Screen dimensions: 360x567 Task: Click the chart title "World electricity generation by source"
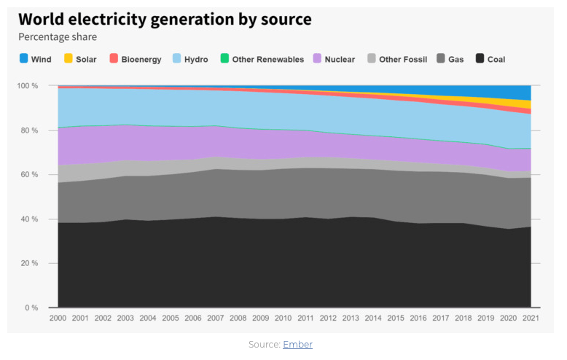pyautogui.click(x=165, y=20)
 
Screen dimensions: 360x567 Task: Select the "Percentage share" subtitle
pyautogui.click(x=58, y=37)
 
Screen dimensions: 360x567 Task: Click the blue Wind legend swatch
pyautogui.click(x=24, y=59)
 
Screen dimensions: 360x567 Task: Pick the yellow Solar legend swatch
pyautogui.click(x=69, y=59)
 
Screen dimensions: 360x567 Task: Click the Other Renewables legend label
pyautogui.click(x=267, y=59)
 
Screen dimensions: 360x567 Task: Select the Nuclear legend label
pyautogui.click(x=340, y=59)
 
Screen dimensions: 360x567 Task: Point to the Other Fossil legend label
pyautogui.click(x=403, y=59)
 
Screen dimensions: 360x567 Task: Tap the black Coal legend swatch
pyautogui.click(x=479, y=59)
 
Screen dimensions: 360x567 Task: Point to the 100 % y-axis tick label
pyautogui.click(x=28, y=86)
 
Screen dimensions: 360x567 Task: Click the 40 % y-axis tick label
pyautogui.click(x=30, y=219)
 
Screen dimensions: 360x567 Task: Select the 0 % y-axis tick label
pyautogui.click(x=33, y=308)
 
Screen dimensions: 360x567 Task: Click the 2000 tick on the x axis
pyautogui.click(x=58, y=318)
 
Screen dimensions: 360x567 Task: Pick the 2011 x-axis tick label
pyautogui.click(x=306, y=318)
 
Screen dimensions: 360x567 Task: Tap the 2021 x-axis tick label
pyautogui.click(x=531, y=318)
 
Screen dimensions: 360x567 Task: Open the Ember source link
pyautogui.click(x=297, y=344)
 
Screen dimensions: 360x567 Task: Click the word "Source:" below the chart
pyautogui.click(x=264, y=344)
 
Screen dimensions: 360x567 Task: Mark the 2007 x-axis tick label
pyautogui.click(x=216, y=318)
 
